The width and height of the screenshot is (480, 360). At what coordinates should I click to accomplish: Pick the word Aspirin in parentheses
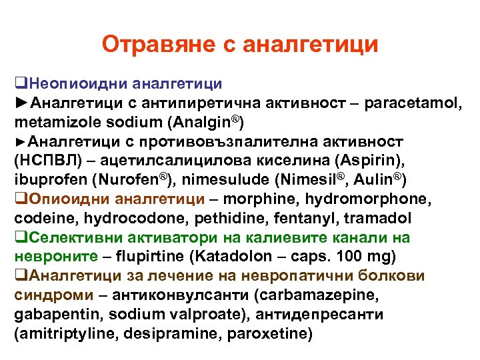pyautogui.click(x=367, y=161)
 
